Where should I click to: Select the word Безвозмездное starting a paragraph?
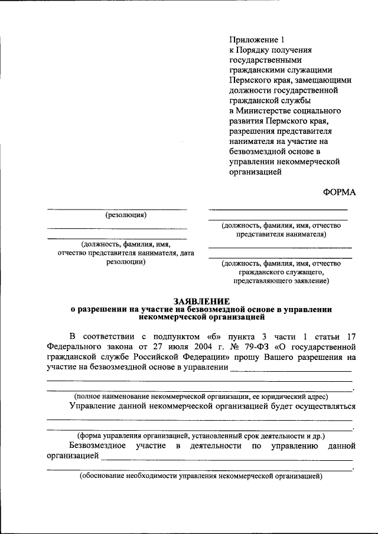click(x=99, y=445)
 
